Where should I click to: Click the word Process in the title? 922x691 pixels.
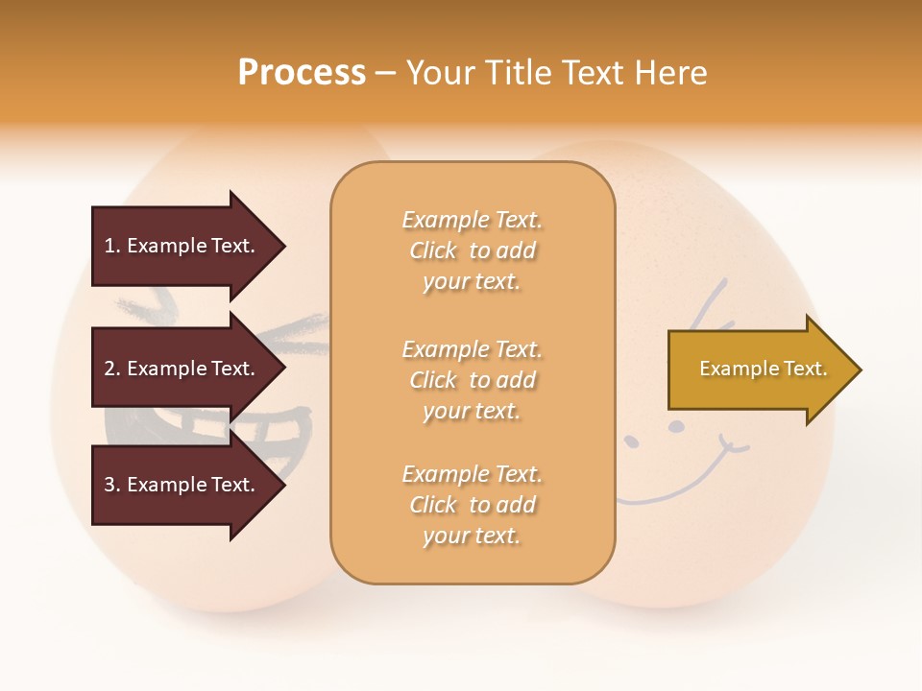click(302, 73)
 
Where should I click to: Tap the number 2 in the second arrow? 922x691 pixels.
click(109, 369)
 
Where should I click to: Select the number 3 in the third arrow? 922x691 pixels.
click(109, 485)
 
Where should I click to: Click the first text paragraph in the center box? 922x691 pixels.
click(472, 250)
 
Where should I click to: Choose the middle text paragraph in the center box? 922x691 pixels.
click(472, 379)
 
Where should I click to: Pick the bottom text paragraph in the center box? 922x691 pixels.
click(472, 505)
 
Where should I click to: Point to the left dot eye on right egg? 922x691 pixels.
click(632, 441)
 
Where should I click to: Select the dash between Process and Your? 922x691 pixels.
click(385, 73)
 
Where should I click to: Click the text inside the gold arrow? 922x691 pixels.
click(764, 369)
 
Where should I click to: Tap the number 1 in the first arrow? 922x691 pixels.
click(109, 246)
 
